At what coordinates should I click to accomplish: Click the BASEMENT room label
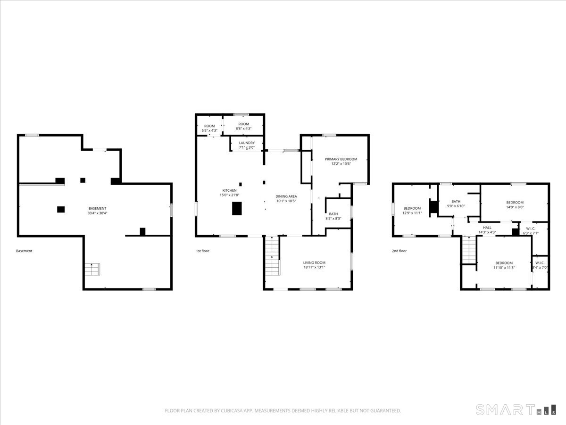click(x=97, y=209)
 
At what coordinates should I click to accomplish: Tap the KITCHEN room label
click(x=230, y=190)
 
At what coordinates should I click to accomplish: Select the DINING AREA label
click(x=286, y=196)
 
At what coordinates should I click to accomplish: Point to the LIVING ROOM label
click(x=314, y=263)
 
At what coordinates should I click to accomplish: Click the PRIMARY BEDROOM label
click(x=341, y=159)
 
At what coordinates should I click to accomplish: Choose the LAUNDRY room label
click(x=247, y=143)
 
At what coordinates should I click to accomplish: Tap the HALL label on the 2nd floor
click(x=487, y=228)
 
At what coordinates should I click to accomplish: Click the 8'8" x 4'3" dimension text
click(x=244, y=128)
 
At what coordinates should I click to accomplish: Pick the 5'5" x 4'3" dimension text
click(x=209, y=131)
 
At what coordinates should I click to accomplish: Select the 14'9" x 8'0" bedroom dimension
click(x=515, y=207)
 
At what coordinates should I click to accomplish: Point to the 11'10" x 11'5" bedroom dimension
click(x=504, y=268)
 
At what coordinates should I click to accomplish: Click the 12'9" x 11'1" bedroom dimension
click(x=412, y=213)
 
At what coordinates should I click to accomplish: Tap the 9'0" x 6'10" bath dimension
click(x=456, y=206)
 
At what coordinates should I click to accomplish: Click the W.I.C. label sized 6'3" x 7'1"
click(x=531, y=229)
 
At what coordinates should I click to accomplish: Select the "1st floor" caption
click(x=202, y=251)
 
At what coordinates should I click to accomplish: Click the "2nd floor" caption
click(x=399, y=251)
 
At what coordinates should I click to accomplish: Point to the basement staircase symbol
click(x=92, y=269)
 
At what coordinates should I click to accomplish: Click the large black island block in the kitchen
click(x=237, y=209)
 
